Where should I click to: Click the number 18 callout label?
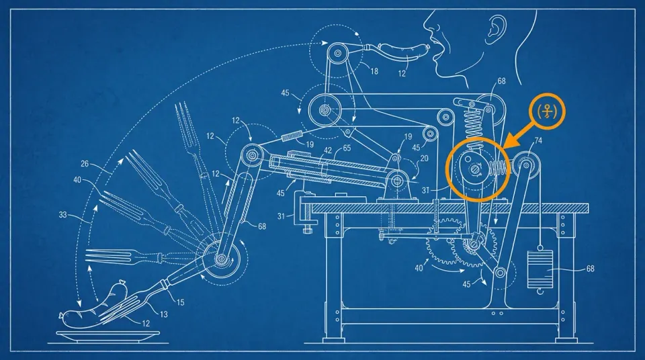coord(374,72)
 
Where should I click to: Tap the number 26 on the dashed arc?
coord(85,164)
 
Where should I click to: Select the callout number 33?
coord(62,214)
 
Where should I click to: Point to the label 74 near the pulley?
coord(537,140)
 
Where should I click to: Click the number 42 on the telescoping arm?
coord(328,150)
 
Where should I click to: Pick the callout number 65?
coord(347,148)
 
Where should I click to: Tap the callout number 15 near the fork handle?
coord(180,302)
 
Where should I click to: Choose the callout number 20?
coord(424,159)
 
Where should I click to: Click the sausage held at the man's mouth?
coord(404,52)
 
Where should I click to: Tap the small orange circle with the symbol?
coord(547,111)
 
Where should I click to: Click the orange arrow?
coord(520,132)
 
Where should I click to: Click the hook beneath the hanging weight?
coord(540,291)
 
